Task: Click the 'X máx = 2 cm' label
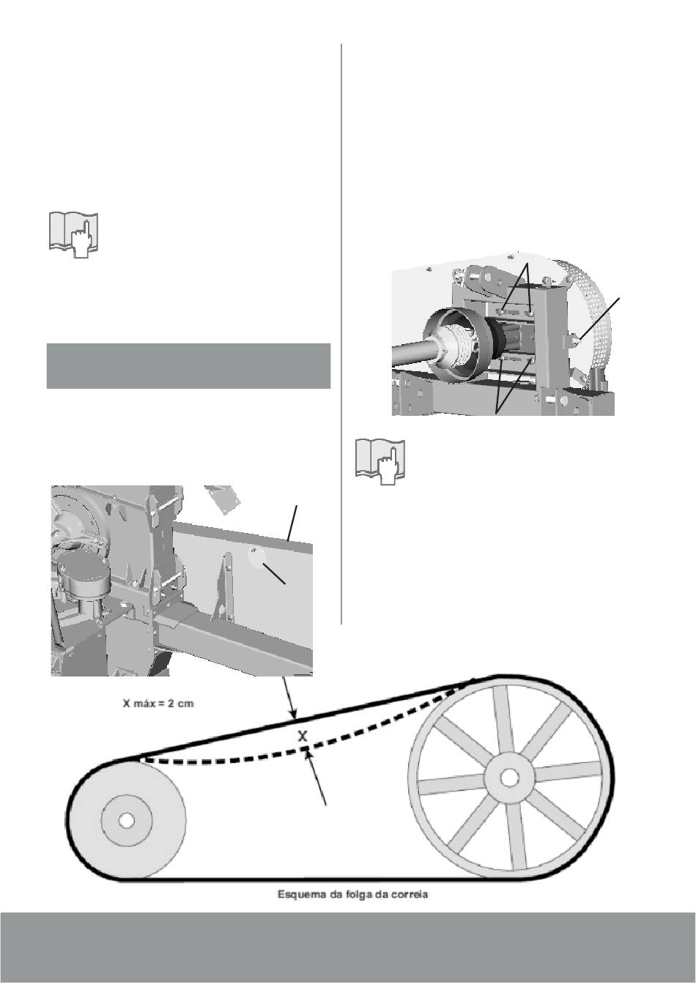click(158, 704)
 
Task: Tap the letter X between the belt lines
click(303, 736)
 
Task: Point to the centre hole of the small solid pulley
click(127, 820)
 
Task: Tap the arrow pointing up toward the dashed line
click(316, 778)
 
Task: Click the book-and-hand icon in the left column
click(73, 235)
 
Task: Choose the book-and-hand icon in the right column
click(380, 461)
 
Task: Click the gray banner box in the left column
click(188, 365)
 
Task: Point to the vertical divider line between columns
click(341, 334)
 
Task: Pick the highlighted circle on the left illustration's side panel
click(257, 555)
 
